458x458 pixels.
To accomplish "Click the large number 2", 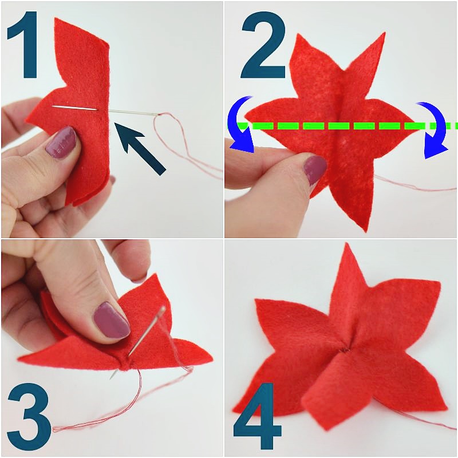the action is pos(263,45).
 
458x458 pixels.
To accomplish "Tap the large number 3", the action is pos(29,417).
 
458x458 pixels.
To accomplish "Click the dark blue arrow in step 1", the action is pos(140,148).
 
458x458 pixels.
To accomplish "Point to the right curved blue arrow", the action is pos(433,128).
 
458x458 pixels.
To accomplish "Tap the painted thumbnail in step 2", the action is pos(314,169).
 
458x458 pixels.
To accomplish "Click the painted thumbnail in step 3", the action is pos(111,321).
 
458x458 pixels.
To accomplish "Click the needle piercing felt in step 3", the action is pos(137,342).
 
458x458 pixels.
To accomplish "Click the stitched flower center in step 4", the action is pos(346,350).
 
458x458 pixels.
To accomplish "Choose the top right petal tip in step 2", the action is pos(384,33).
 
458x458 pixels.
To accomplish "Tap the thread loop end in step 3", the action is pos(54,429).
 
